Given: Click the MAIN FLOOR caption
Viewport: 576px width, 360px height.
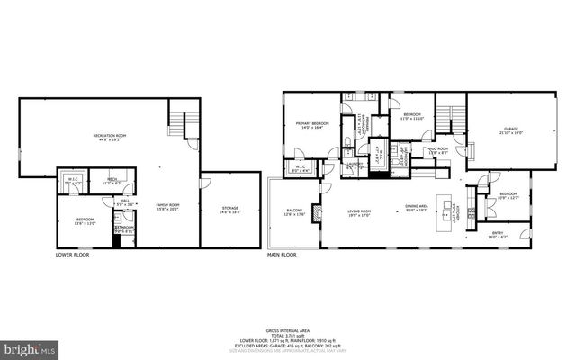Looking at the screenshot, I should tap(282, 255).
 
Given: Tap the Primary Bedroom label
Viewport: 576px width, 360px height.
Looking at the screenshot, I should tap(312, 125).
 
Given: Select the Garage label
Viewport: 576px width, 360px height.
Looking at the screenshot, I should tap(511, 131).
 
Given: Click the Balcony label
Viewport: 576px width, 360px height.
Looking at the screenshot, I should tap(293, 212).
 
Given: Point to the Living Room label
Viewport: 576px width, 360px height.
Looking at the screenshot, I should tap(360, 212).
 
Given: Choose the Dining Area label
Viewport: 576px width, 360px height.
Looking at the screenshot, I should tap(416, 207).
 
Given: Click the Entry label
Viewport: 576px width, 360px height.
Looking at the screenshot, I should tap(497, 235).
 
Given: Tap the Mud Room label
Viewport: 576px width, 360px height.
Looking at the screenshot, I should tap(438, 150).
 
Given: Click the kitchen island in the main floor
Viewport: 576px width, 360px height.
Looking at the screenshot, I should tap(443, 209).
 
